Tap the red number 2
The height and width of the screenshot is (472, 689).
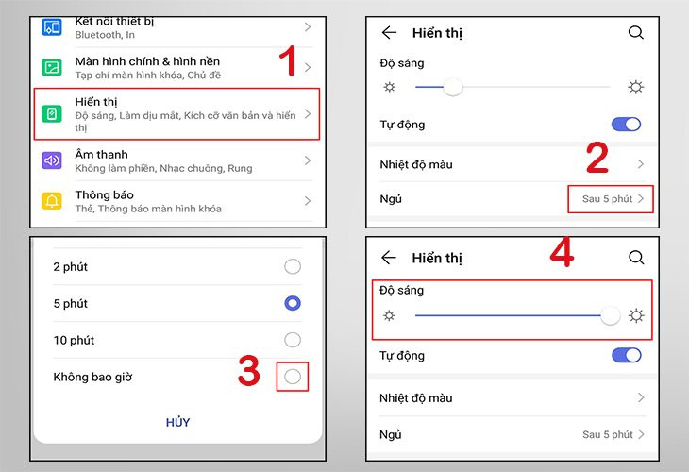(597, 159)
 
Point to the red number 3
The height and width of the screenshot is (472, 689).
(248, 371)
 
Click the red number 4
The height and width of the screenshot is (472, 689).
(563, 253)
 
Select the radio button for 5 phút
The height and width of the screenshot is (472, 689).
(293, 303)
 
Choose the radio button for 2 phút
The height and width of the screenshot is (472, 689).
(293, 267)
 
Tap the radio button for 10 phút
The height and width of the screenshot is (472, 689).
(293, 340)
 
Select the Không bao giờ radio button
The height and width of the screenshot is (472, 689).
(293, 377)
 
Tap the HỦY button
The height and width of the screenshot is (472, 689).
(177, 422)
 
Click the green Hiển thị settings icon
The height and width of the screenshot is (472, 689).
(52, 114)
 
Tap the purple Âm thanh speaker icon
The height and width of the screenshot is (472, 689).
(52, 160)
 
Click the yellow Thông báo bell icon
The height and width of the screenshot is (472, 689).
(52, 201)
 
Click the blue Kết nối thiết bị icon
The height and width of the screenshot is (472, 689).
(52, 26)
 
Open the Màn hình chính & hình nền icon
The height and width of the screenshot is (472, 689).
(52, 67)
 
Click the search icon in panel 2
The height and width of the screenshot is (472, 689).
(636, 33)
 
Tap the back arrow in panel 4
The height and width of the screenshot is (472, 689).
(389, 258)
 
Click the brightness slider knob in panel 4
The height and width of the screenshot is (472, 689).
(611, 315)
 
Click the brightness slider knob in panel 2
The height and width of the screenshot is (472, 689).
(453, 88)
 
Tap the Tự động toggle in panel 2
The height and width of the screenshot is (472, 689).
(626, 125)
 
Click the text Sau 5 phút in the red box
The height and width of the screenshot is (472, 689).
(607, 199)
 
